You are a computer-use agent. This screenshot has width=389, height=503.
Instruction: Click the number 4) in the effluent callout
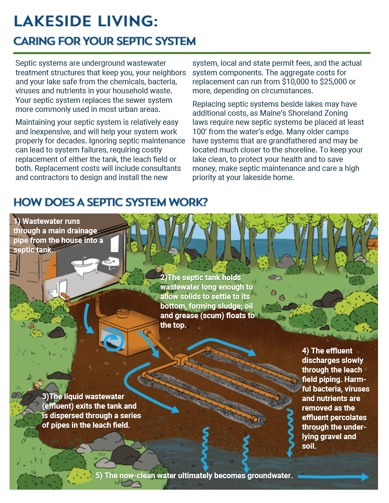[306, 351]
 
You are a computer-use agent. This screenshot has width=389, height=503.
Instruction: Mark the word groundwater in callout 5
[262, 475]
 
